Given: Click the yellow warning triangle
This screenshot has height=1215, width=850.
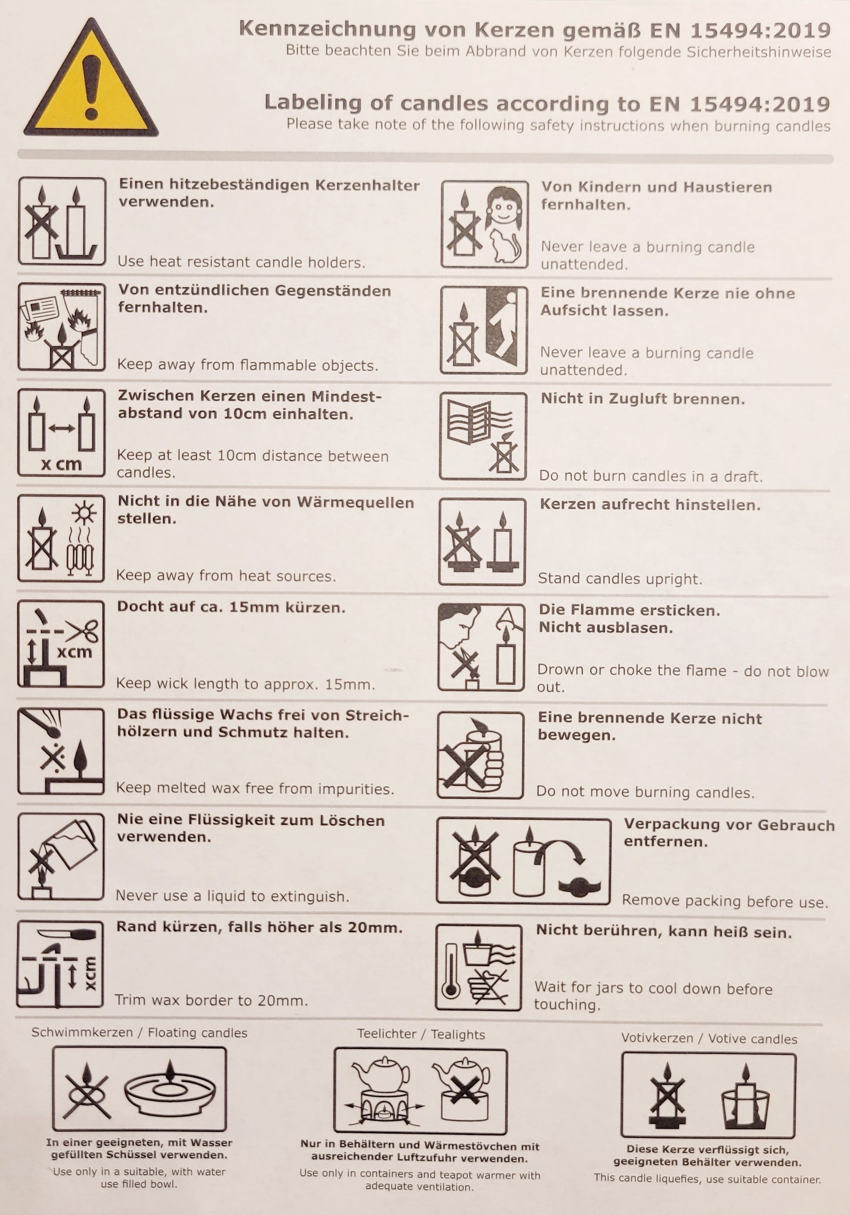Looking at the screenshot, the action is point(91,80).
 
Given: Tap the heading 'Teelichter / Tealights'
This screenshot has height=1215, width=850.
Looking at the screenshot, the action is point(421,1034).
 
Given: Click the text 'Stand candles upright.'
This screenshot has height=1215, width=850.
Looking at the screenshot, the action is point(621,579).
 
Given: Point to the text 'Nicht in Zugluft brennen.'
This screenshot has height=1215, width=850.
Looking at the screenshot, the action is point(643,399).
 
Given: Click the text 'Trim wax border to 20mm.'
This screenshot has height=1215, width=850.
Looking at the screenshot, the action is point(212,1000).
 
